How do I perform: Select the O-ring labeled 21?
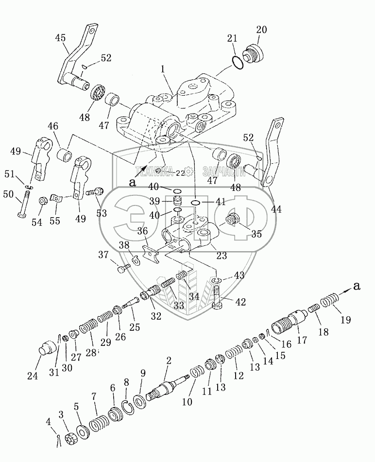click(237, 62)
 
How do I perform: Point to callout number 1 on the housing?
click(164, 70)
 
